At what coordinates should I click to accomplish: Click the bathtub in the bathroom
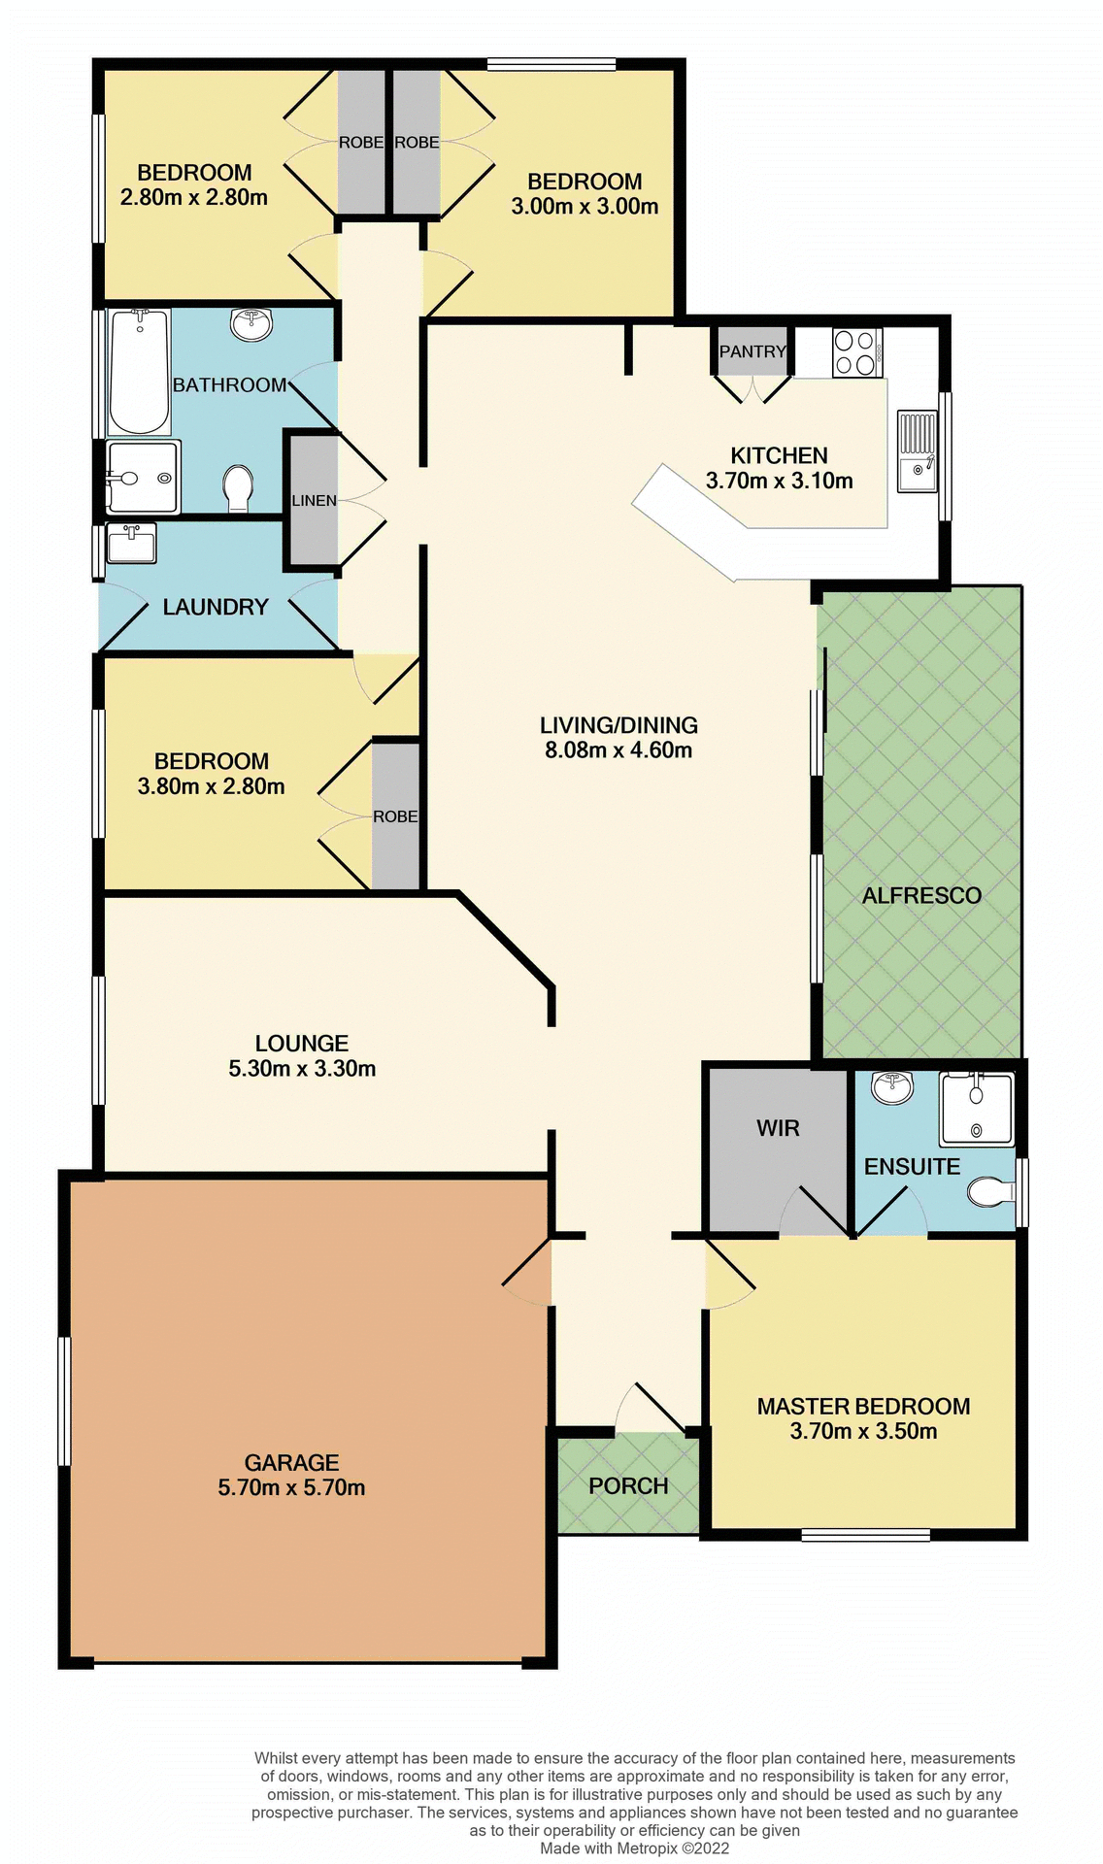[x=139, y=372]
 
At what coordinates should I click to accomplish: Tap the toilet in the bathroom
[x=238, y=486]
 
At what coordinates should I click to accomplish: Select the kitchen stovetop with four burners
[x=856, y=352]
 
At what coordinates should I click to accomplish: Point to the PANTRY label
[x=752, y=351]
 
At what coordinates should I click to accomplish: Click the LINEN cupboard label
[x=315, y=501]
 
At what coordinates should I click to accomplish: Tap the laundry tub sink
[x=131, y=544]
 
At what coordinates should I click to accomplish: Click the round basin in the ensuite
[x=891, y=1088]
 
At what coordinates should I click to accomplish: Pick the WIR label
[x=778, y=1128]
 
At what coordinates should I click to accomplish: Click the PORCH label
[x=628, y=1486]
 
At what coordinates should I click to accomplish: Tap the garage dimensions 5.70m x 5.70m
[x=291, y=1488]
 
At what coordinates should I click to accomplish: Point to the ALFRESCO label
[x=921, y=895]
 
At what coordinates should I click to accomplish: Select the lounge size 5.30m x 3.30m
[x=302, y=1069]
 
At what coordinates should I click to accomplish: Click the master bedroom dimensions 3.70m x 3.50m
[x=863, y=1432]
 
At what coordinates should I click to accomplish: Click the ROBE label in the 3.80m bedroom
[x=395, y=817]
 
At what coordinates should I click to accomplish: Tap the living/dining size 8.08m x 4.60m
[x=618, y=750]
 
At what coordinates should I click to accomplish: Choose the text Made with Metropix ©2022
[x=634, y=1848]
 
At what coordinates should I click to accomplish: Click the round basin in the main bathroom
[x=251, y=324]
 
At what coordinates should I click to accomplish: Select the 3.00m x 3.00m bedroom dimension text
[x=585, y=207]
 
